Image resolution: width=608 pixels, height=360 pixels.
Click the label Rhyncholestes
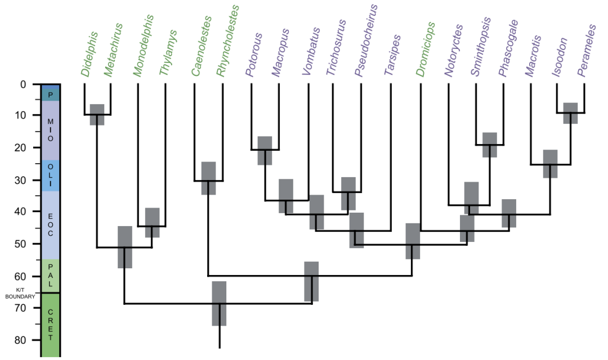(227, 40)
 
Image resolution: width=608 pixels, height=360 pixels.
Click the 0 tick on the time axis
(23, 85)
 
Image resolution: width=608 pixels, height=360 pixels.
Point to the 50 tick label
(20, 244)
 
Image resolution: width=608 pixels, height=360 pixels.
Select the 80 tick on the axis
(20, 340)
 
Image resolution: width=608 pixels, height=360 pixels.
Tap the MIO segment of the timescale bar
(50, 130)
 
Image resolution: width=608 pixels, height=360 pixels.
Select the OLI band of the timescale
(50, 175)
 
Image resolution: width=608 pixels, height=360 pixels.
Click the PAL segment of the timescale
(50, 276)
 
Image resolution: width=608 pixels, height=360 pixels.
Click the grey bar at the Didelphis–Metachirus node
(97, 115)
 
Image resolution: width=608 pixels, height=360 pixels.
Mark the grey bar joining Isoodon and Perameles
(571, 113)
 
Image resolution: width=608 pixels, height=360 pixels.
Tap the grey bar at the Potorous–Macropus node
(265, 150)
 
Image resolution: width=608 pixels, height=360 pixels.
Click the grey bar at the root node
(219, 304)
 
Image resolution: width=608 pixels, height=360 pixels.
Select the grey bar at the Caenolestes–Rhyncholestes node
(209, 178)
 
